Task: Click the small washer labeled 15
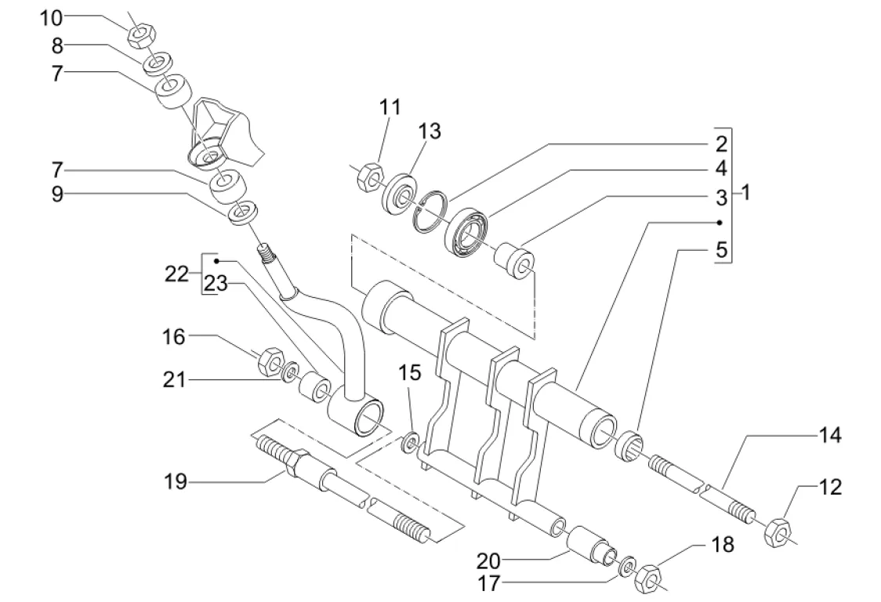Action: point(410,444)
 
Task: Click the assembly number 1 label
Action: point(745,191)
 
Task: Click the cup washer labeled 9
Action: point(243,212)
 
